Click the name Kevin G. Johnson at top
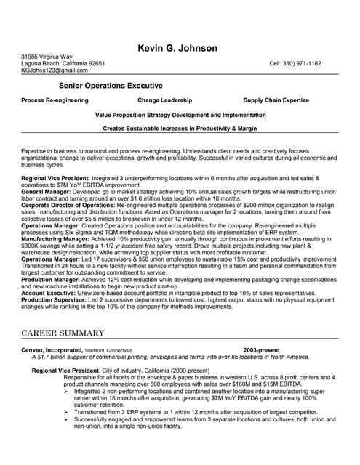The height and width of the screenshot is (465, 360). tap(177, 49)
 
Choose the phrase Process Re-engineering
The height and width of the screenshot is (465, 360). tap(55, 100)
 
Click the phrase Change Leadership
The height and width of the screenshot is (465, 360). tap(165, 100)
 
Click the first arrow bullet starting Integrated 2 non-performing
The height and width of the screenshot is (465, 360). tap(68, 391)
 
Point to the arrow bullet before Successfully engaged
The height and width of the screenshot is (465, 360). tap(68, 419)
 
